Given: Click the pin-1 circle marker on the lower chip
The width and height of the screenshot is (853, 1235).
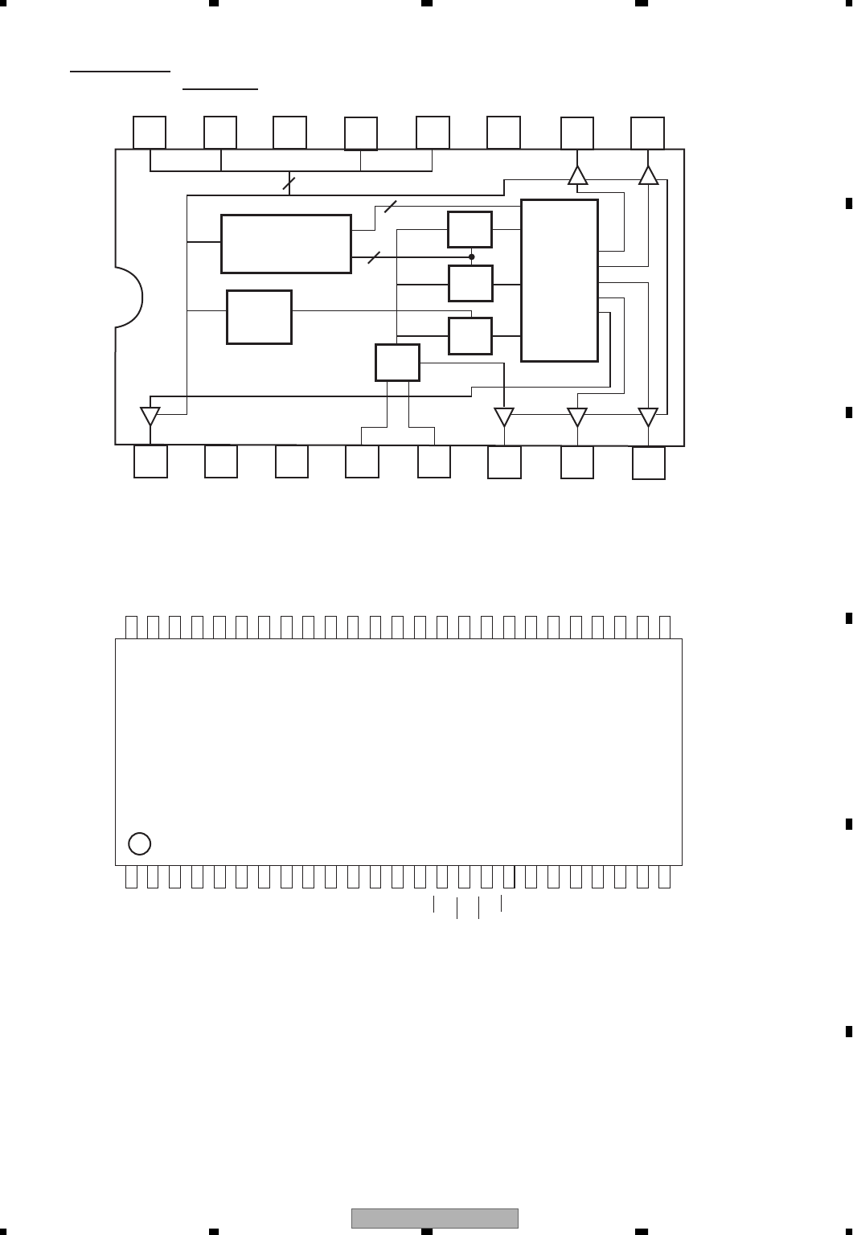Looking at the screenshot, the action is (x=140, y=843).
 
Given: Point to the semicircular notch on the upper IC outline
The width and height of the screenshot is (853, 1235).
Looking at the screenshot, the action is (x=129, y=297).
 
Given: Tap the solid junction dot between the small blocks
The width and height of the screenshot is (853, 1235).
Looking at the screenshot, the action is (x=472, y=257).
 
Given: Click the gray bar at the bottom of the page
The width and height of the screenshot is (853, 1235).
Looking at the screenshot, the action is (x=435, y=1218).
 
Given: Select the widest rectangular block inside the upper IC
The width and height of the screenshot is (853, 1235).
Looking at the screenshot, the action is (x=286, y=244).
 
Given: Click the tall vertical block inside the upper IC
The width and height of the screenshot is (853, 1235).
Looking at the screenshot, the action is (x=560, y=281).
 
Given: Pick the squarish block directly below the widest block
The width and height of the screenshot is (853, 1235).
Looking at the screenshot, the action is (x=259, y=317).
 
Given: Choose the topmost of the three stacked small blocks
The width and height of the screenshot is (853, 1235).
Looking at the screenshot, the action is (x=470, y=230).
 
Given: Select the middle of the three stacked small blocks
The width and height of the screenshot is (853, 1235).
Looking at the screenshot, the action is (x=470, y=284).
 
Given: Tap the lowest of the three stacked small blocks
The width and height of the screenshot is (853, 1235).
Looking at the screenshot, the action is (x=470, y=336).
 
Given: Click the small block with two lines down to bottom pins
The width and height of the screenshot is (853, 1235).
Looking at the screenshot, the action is (x=397, y=363).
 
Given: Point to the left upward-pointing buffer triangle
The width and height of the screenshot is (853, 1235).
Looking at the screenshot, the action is (x=577, y=175).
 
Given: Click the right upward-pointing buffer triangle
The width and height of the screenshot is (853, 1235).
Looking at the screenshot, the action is (x=648, y=175).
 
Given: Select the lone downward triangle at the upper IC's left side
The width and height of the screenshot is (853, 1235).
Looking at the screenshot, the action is (x=150, y=416).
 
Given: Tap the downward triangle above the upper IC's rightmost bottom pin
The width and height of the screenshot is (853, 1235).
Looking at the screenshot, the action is (x=648, y=416).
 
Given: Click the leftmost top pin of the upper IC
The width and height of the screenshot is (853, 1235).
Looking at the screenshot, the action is (x=150, y=133).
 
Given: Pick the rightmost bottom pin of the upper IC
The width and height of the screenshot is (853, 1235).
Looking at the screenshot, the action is (x=649, y=463).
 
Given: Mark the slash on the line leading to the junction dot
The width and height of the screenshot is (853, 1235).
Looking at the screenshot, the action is (x=373, y=258).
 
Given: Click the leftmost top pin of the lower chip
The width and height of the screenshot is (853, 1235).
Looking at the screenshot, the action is (x=131, y=627).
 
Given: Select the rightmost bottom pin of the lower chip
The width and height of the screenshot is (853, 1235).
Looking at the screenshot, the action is (x=664, y=877).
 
